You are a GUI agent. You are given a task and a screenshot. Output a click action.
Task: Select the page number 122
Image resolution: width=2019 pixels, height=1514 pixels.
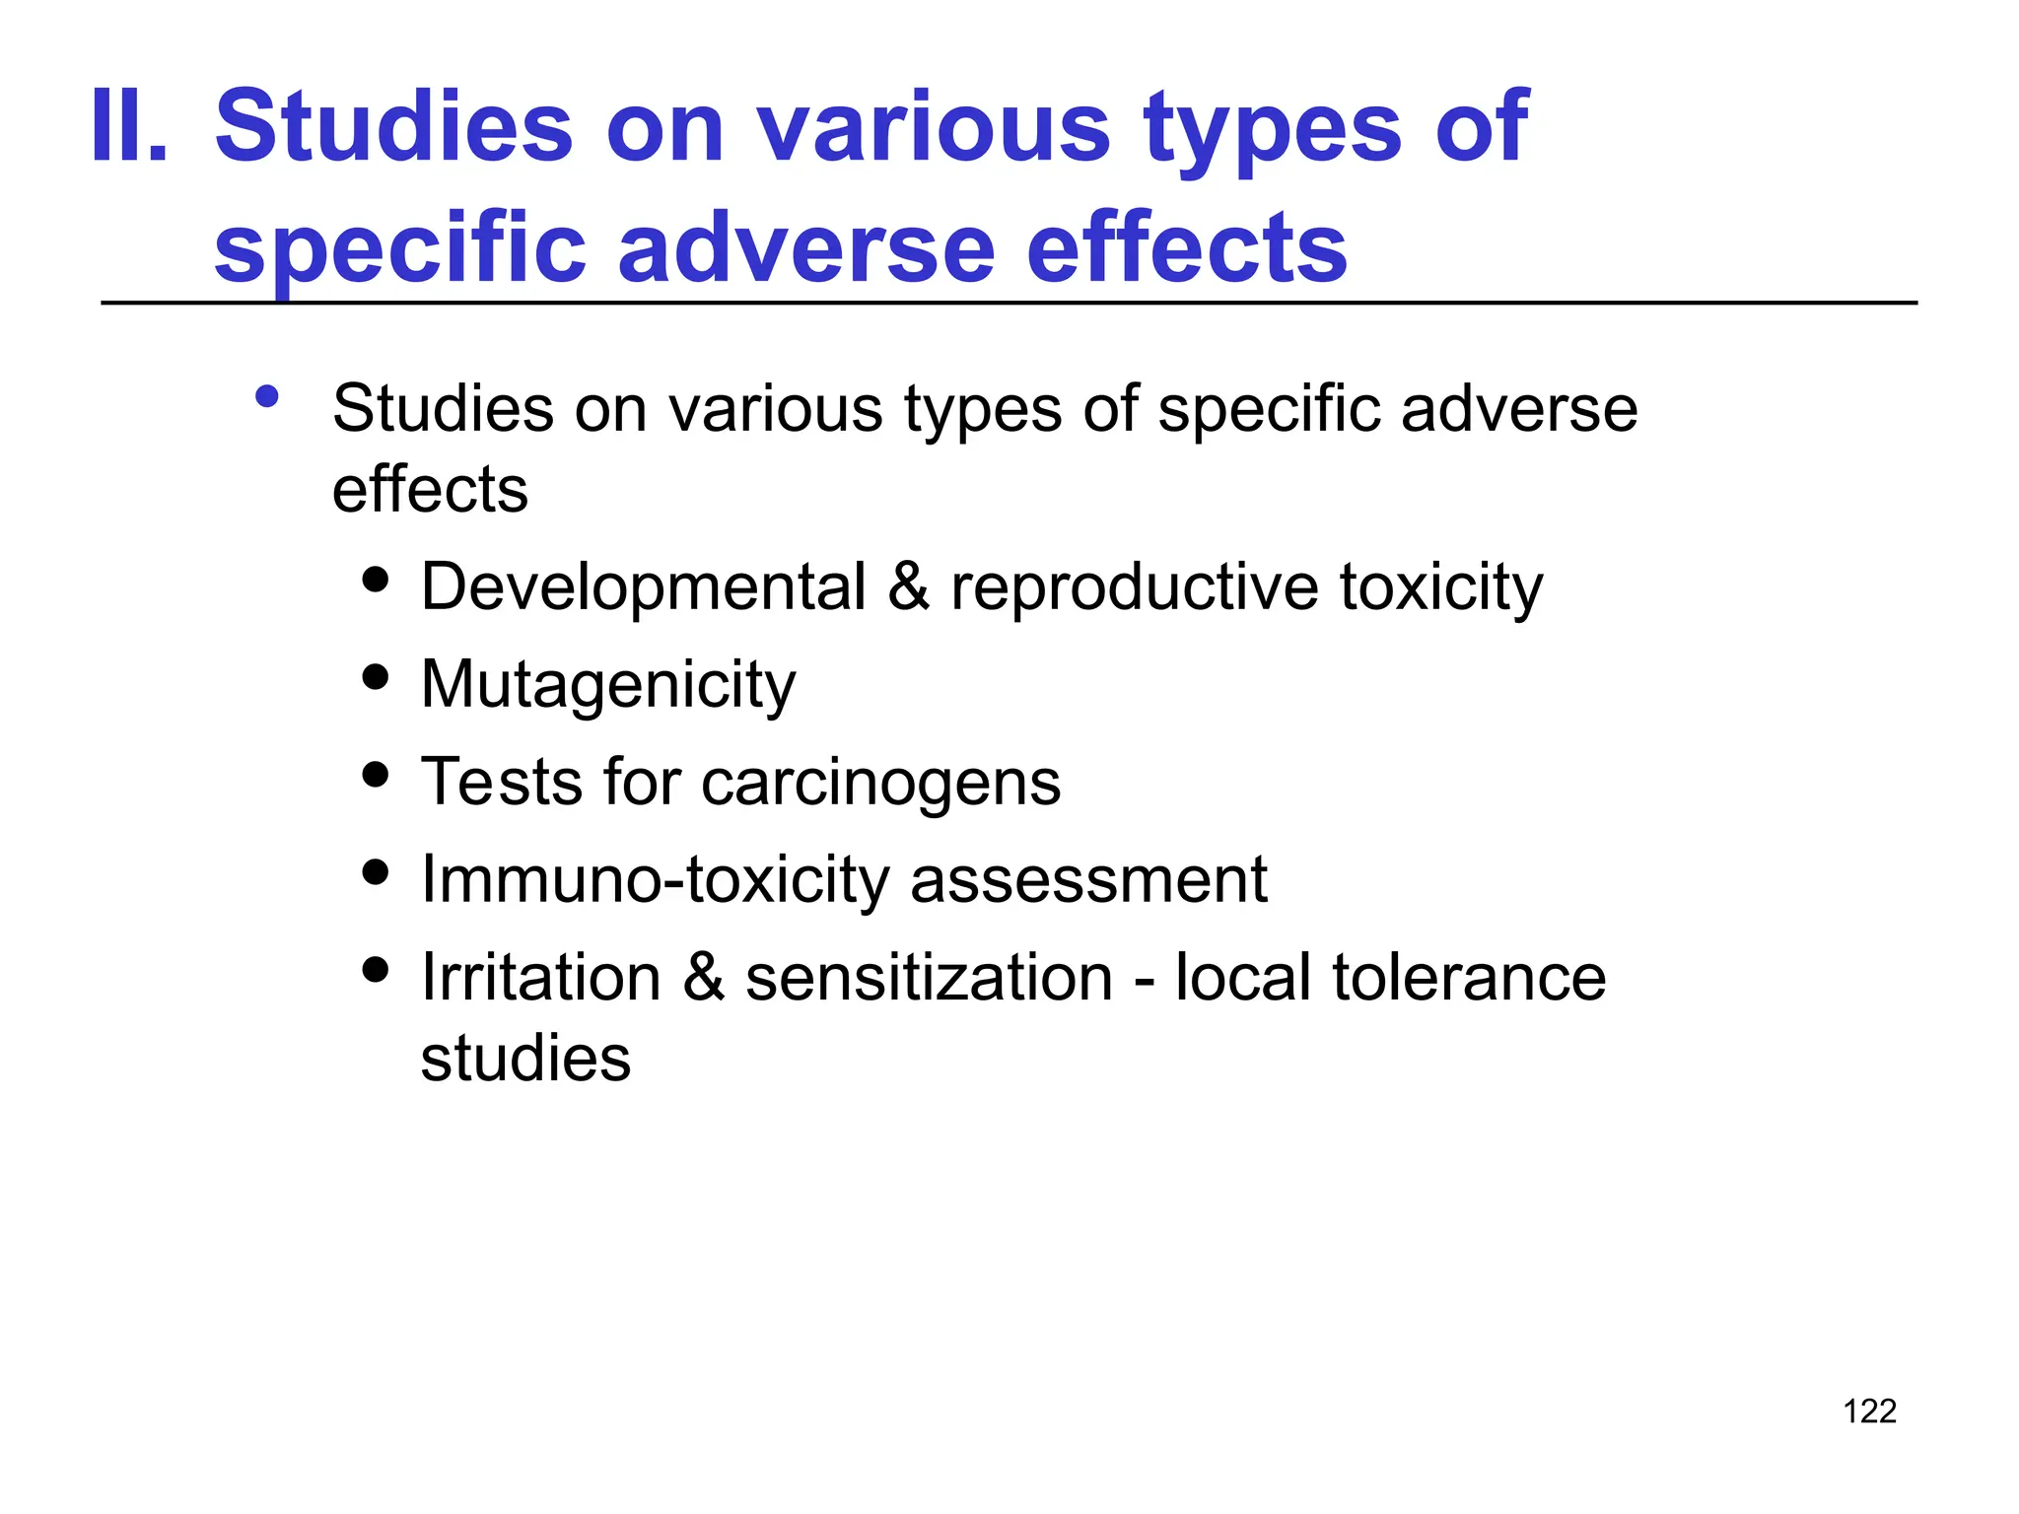point(1869,1411)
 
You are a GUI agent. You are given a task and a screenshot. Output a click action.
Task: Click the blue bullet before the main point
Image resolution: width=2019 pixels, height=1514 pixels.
point(266,396)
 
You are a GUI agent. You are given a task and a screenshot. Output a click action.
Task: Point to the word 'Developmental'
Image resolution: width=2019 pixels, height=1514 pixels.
point(643,587)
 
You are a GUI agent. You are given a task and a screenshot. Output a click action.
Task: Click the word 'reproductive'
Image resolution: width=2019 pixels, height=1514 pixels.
point(1134,587)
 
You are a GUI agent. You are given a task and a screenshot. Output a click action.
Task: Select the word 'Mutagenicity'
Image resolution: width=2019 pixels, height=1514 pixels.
point(607,685)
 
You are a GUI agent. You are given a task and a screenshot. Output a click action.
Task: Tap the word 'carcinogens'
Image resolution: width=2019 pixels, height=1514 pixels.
point(880,783)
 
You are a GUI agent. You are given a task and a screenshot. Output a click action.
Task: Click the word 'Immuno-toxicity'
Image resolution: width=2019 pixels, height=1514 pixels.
point(655,879)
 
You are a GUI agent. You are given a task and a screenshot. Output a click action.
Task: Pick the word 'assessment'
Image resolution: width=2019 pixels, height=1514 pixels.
point(1088,879)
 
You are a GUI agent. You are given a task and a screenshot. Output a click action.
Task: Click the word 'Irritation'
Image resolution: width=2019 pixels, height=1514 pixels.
point(540,978)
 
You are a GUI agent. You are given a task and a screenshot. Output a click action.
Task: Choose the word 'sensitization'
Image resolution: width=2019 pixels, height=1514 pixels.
point(929,978)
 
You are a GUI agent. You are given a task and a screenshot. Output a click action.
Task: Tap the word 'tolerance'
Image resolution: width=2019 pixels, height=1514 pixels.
point(1469,978)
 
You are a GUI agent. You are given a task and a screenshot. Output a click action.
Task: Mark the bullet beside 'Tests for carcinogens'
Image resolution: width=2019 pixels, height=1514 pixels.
point(375,774)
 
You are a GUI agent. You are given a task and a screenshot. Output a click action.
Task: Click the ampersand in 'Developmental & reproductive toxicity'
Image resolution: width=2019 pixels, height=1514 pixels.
point(908,587)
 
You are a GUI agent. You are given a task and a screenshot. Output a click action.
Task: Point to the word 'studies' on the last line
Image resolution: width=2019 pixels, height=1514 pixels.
point(525,1059)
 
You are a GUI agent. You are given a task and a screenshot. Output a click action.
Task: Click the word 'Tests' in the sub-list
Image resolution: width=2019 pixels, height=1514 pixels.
point(501,783)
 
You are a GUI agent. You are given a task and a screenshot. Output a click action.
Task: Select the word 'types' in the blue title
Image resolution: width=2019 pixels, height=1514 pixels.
point(1272,128)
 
